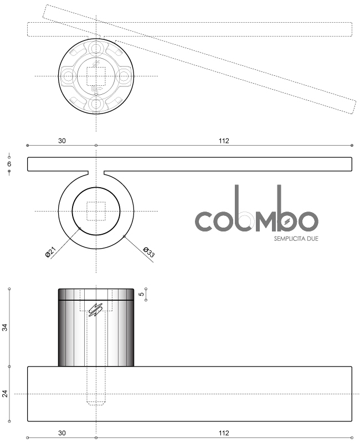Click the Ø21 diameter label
[x=50, y=253]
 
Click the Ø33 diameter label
[x=148, y=252]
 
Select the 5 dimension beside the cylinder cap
[x=141, y=295]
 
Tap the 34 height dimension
[x=6, y=327]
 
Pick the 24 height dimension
[x=6, y=394]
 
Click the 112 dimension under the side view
[x=224, y=432]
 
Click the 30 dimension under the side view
[x=61, y=432]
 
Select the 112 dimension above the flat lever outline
[x=224, y=141]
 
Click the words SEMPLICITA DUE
[x=296, y=239]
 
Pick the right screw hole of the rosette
[x=124, y=76]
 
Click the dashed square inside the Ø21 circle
[x=96, y=211]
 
